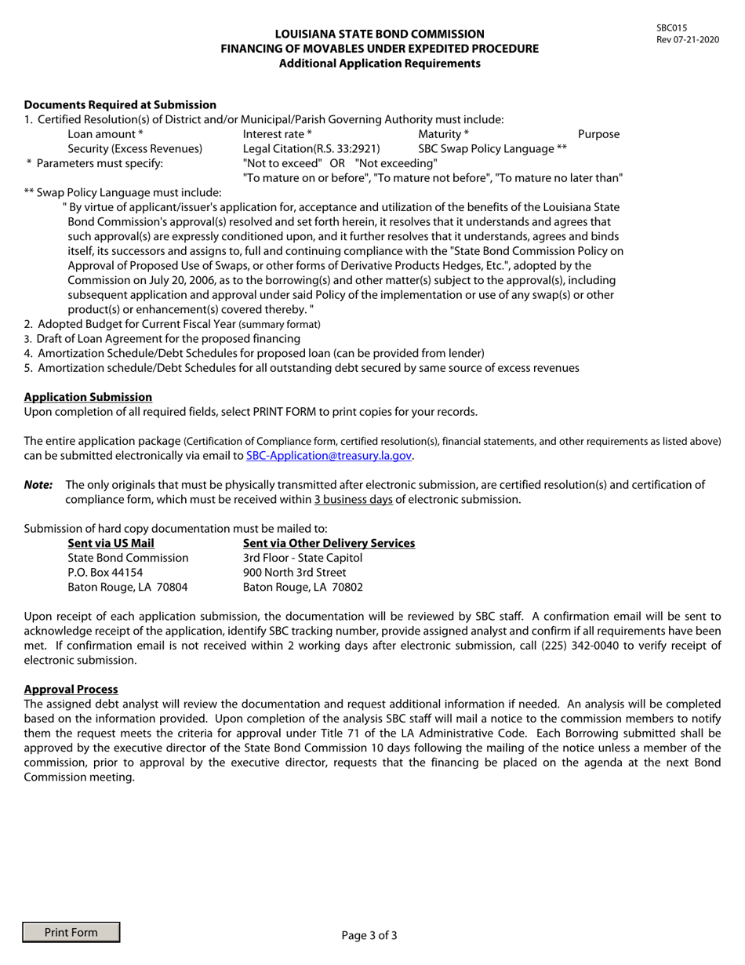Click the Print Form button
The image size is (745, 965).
[71, 932]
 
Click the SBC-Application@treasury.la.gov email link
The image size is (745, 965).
[329, 456]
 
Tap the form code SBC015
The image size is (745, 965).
[671, 27]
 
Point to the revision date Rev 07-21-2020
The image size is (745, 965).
[688, 39]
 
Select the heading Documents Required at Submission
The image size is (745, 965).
[120, 104]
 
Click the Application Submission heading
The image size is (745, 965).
[88, 397]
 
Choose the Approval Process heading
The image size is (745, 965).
[71, 689]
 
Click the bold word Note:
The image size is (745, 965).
[38, 485]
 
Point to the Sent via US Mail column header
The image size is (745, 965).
[111, 543]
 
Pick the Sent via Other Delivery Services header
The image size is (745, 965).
[329, 543]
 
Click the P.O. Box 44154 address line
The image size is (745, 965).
[105, 572]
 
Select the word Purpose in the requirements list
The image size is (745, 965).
[598, 134]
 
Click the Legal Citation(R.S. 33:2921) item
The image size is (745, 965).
[312, 148]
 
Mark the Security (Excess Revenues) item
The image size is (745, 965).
[135, 148]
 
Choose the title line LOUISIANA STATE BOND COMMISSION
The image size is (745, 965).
[380, 34]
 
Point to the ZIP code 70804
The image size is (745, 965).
[172, 586]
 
